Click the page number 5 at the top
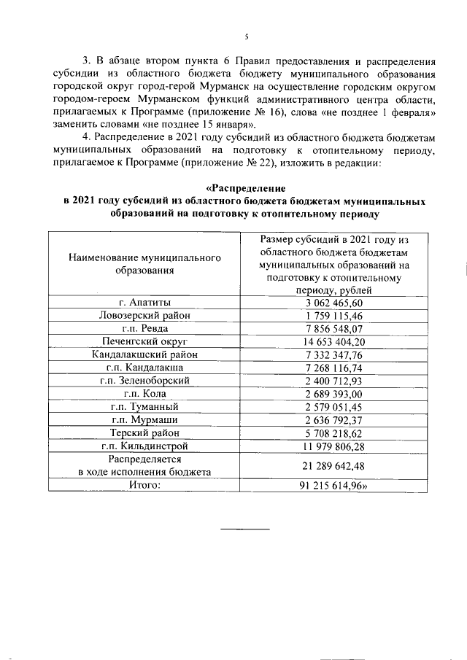[x=247, y=36]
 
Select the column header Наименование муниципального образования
[x=144, y=265]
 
